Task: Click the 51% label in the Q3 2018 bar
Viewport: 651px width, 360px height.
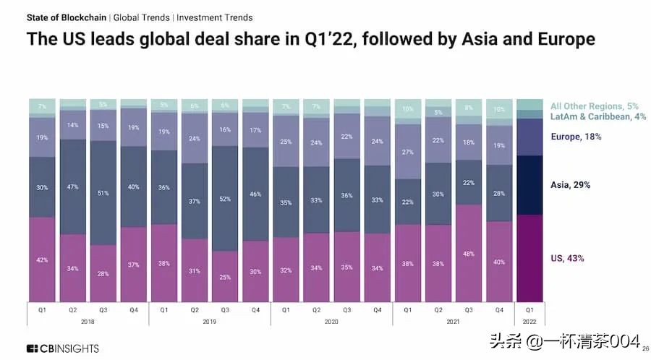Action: tap(103, 193)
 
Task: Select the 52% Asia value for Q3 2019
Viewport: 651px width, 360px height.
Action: tap(225, 199)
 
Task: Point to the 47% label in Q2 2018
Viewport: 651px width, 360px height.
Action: tap(72, 187)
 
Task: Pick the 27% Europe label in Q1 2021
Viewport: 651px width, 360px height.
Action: tap(408, 152)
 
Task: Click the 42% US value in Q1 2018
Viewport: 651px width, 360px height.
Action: tap(42, 260)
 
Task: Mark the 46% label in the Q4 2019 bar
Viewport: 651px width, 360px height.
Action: tap(255, 194)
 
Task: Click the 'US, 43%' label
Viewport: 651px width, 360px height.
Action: tap(566, 258)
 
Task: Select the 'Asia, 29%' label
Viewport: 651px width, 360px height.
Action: tap(570, 185)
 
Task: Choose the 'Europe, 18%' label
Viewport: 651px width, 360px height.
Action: tap(576, 137)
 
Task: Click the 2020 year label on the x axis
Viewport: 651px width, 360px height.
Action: tap(331, 320)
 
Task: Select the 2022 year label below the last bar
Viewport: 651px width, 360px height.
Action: tap(529, 320)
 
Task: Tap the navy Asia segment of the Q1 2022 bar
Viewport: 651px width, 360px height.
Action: tap(529, 185)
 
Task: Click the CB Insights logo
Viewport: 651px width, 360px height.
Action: tap(63, 348)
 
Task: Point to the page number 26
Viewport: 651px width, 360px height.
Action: tap(645, 348)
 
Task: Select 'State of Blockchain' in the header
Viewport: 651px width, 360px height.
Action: tap(67, 17)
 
